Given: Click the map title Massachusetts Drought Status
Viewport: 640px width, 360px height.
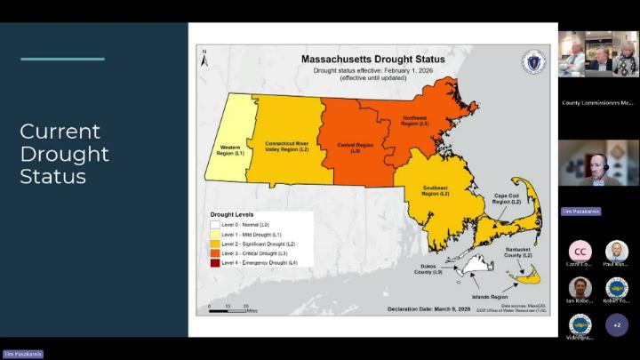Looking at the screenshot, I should (x=372, y=59).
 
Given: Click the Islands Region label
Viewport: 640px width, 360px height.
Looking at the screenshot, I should (x=488, y=296).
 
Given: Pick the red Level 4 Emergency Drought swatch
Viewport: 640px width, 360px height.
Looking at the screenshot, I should (x=215, y=263).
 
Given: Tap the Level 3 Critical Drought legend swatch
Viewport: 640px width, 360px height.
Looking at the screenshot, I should (x=215, y=253).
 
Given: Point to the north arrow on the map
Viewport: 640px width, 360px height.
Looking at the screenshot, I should (x=204, y=56).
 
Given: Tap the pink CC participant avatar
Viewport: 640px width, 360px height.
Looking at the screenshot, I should (x=580, y=252).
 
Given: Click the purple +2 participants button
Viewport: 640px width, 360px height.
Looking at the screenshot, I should (x=617, y=325).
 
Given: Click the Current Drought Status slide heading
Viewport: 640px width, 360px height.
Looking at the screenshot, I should (x=64, y=154).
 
